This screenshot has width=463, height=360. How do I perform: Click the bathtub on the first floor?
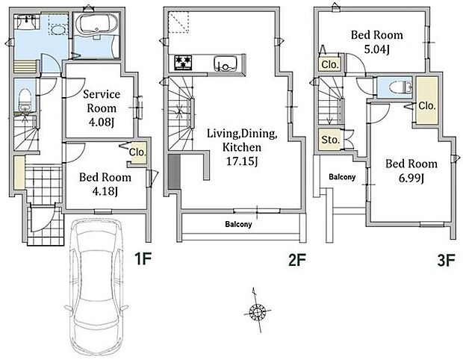pos(97,25)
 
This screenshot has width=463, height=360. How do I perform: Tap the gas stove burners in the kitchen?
pos(183,63)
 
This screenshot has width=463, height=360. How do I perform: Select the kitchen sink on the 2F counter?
pos(226,63)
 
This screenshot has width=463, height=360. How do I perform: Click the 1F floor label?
pos(143,259)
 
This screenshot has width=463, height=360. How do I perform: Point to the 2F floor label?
pos(297,260)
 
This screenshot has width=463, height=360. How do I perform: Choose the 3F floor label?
pos(446,261)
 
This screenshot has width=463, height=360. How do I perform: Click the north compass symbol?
pos(258,311)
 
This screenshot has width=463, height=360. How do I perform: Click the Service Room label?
pos(102,101)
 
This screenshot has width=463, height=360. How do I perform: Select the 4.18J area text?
pos(105,191)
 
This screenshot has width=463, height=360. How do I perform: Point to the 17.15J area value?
pos(242,161)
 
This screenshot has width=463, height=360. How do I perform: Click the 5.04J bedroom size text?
pos(376,49)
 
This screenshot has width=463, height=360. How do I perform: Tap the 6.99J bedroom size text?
pos(411,178)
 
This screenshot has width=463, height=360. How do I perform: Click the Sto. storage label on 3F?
pos(330,140)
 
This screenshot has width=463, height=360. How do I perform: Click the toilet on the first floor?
pos(25,99)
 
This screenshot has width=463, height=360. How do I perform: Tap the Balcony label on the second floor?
pos(238,224)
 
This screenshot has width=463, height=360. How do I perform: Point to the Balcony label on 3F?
pos(342,177)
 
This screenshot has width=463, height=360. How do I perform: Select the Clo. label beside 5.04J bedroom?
pos(330,64)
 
